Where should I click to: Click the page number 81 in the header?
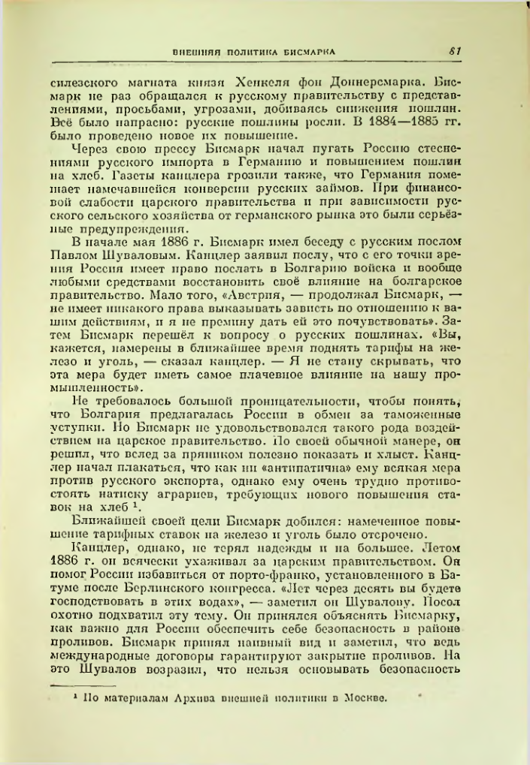(455, 52)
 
